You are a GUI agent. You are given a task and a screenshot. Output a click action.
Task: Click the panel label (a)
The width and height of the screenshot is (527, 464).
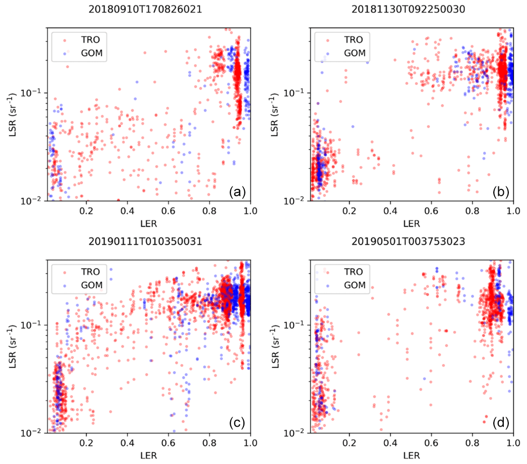[237, 191]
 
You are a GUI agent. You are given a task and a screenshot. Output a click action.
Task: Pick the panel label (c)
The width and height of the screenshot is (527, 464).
[237, 423]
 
